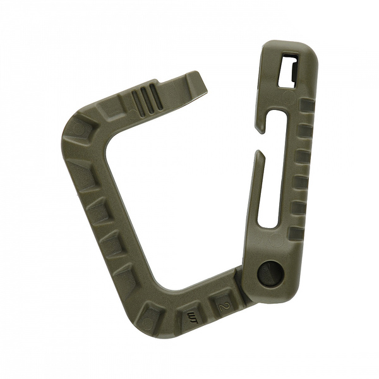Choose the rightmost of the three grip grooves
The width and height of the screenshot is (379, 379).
click(153, 96)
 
